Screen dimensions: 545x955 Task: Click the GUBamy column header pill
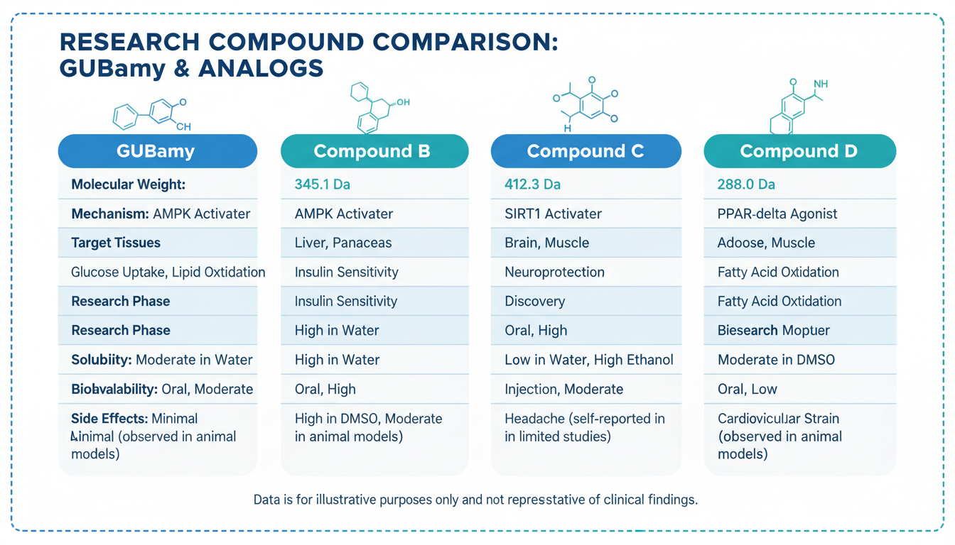tap(157, 151)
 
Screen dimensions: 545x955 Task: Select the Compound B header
tap(374, 151)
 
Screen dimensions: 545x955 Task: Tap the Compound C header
tap(586, 151)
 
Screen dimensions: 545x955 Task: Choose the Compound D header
tap(799, 151)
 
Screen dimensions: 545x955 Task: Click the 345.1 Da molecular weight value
tap(322, 185)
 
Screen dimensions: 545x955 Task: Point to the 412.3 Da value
tap(532, 185)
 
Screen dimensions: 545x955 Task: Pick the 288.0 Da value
tap(746, 185)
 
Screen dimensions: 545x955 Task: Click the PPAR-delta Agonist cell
tap(777, 214)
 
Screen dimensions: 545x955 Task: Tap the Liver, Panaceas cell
tap(343, 243)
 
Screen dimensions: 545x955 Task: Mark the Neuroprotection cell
tap(554, 272)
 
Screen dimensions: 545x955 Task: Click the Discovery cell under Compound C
tap(534, 301)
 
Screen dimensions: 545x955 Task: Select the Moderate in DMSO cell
tap(776, 360)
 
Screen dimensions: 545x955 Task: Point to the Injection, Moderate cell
tap(563, 389)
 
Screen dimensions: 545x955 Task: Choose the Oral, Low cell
tap(748, 389)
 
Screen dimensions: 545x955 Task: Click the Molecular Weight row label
tap(128, 185)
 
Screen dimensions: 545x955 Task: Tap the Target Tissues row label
tap(116, 243)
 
